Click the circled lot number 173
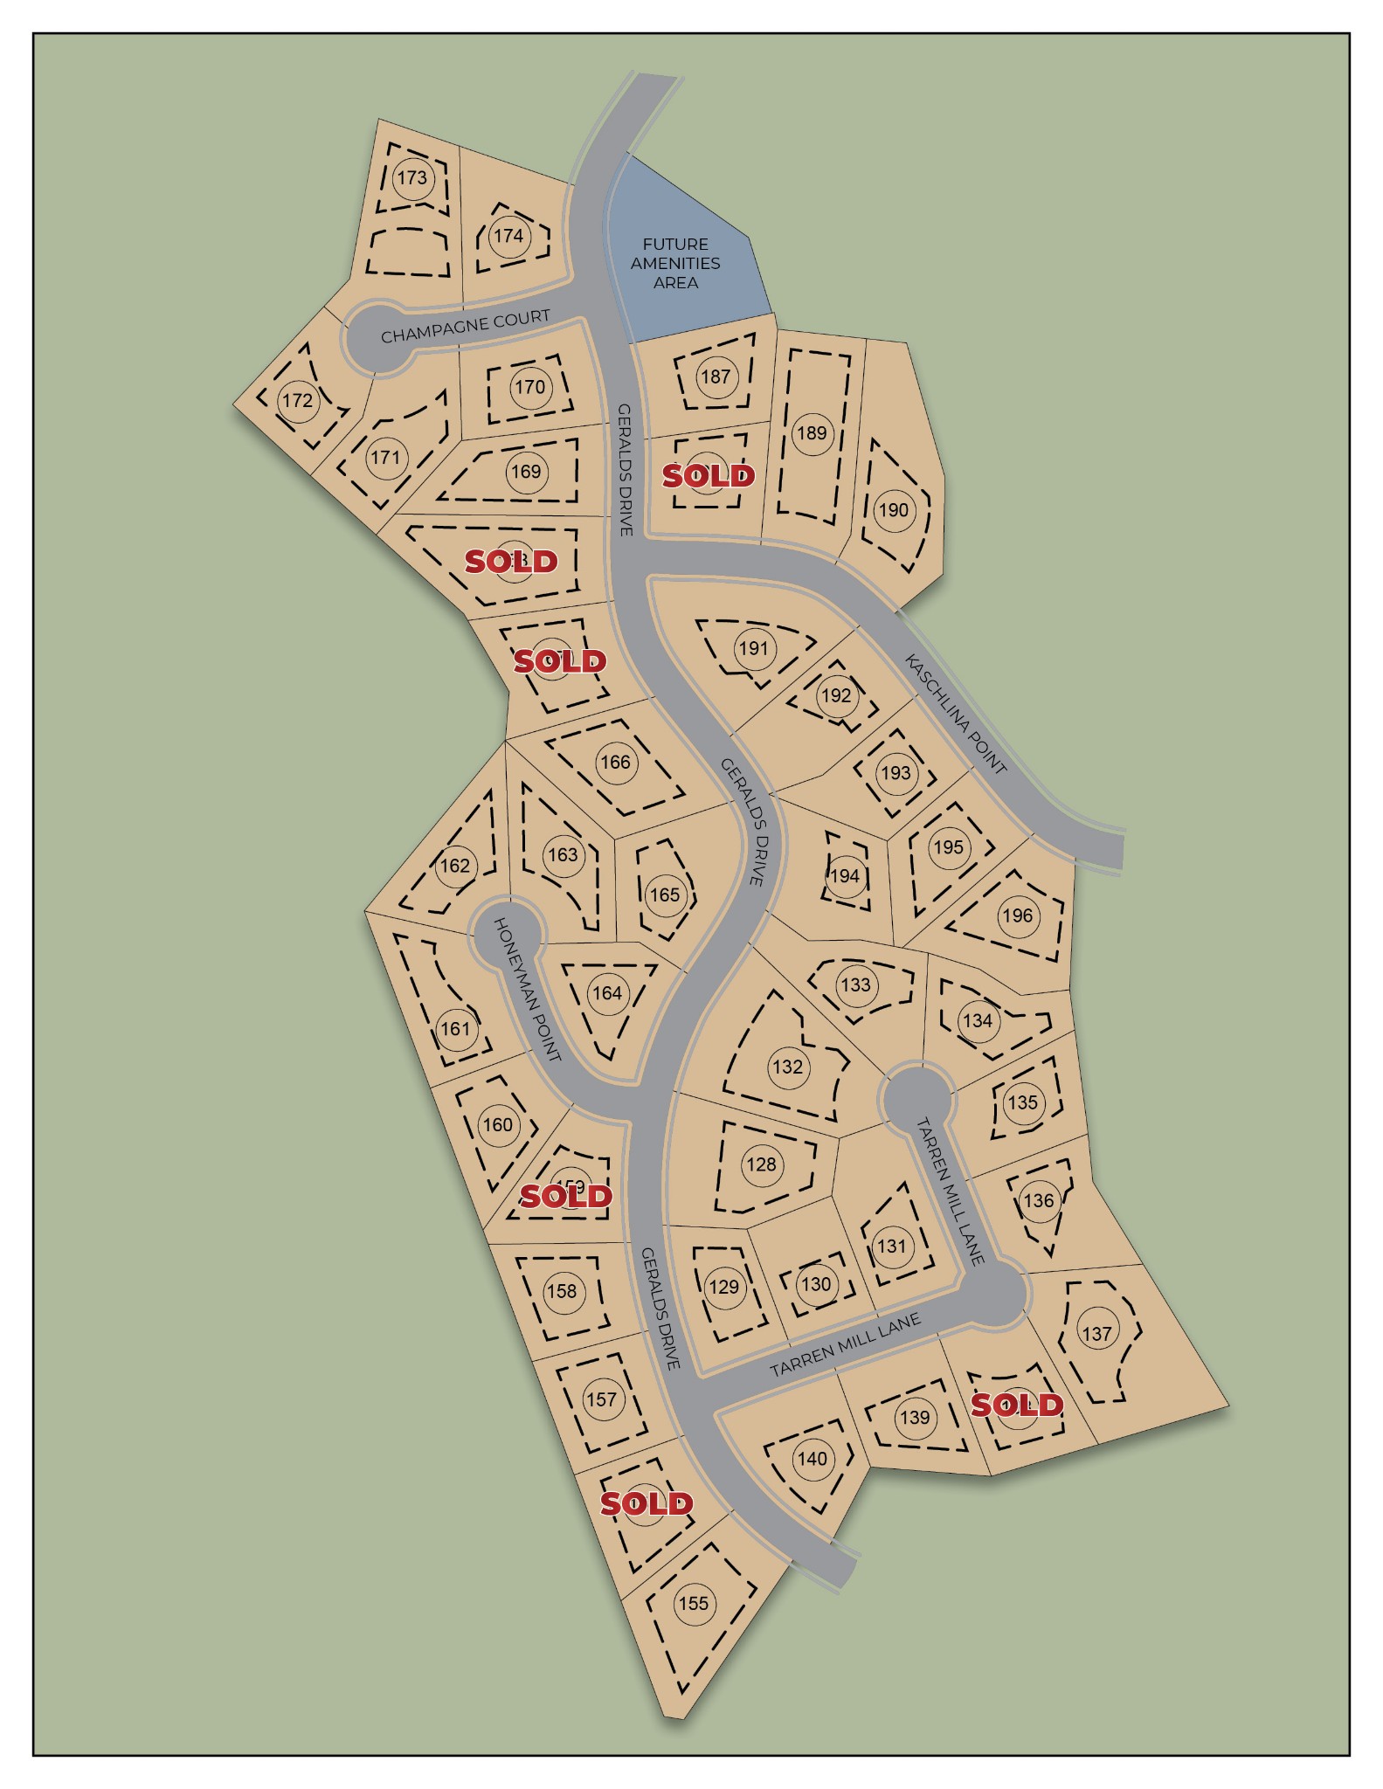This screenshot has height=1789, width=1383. click(411, 178)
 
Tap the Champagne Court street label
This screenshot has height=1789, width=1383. click(465, 326)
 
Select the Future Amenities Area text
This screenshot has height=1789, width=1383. click(675, 263)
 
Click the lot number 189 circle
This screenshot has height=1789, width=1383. click(812, 432)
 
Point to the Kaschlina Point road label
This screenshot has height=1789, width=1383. click(956, 714)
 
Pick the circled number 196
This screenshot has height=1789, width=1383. click(1017, 915)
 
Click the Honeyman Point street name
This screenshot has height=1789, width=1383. click(526, 989)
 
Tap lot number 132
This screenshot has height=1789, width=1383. click(787, 1067)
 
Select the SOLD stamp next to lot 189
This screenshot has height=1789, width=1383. click(708, 476)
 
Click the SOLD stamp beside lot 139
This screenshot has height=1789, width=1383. click(1017, 1405)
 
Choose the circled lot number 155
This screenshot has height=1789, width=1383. click(694, 1603)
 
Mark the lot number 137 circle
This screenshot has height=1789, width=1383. click(1096, 1334)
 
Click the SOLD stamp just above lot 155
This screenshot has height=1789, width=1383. click(647, 1503)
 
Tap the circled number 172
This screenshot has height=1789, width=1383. click(297, 400)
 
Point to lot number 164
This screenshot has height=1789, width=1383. click(606, 993)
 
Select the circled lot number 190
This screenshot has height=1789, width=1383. click(893, 510)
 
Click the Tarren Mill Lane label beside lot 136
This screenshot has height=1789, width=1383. click(951, 1191)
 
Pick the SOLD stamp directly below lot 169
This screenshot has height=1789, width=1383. click(511, 561)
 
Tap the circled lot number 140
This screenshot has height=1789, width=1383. click(812, 1459)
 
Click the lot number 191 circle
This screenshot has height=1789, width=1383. click(753, 648)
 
